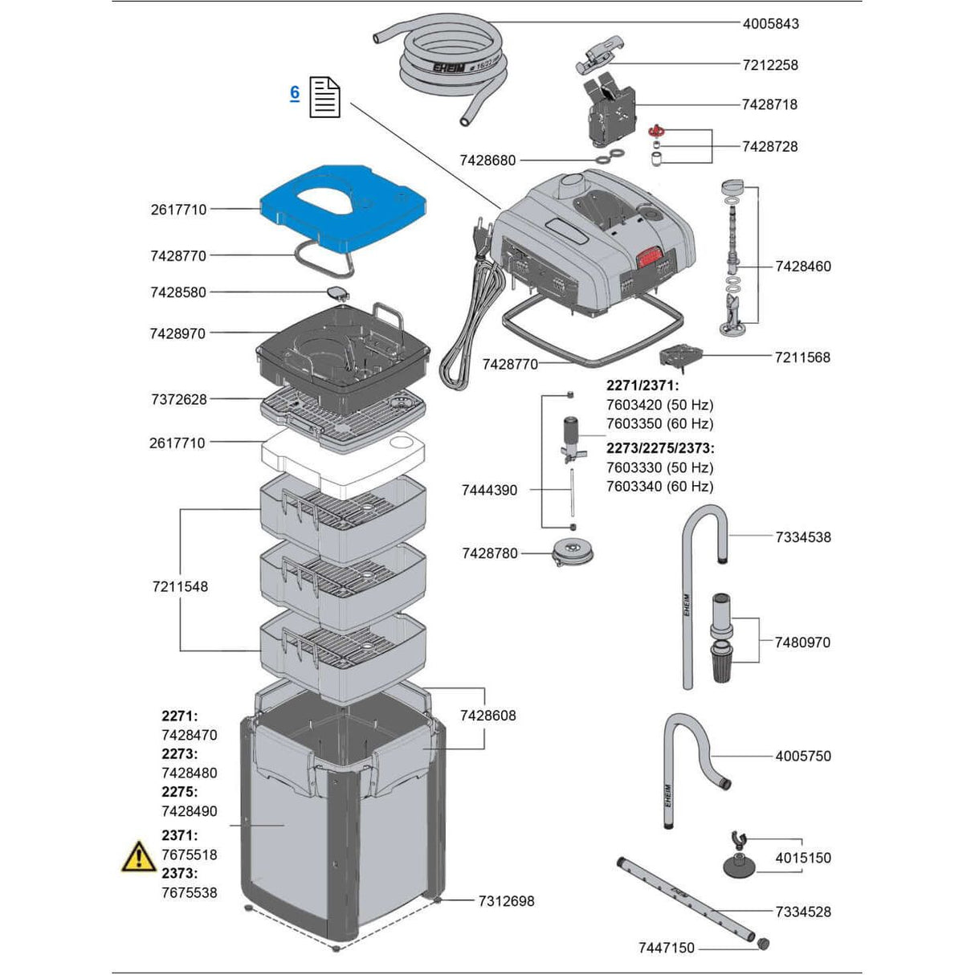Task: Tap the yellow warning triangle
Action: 138,857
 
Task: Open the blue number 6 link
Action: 295,93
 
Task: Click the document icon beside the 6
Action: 324,97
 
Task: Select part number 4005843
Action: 770,23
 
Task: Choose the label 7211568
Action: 802,357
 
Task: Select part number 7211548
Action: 180,587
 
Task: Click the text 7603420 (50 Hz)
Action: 659,405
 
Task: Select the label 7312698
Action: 506,901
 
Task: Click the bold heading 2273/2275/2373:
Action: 659,448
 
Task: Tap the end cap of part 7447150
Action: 762,944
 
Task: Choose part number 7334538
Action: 803,537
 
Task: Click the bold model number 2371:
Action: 179,835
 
